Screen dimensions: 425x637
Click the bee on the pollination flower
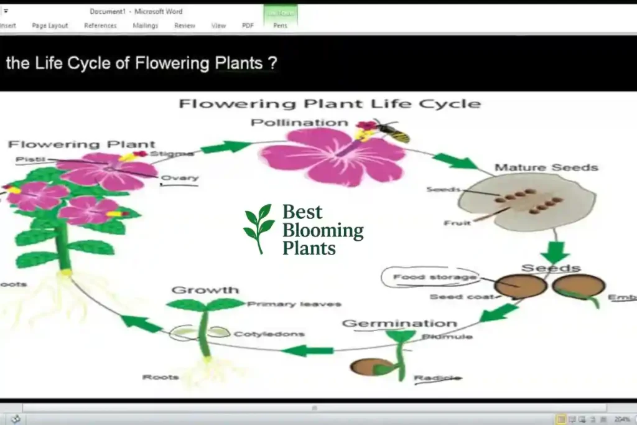click(x=391, y=131)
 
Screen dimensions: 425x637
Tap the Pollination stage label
click(x=299, y=123)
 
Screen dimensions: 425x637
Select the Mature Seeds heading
click(x=546, y=167)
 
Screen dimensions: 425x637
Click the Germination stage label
click(x=399, y=324)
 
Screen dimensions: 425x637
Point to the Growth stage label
click(x=205, y=290)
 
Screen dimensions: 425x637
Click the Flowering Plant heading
click(x=81, y=144)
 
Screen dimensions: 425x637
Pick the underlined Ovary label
click(x=179, y=179)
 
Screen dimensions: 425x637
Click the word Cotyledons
click(x=269, y=334)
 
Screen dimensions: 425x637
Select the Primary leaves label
click(x=294, y=304)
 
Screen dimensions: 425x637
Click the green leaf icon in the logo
click(x=258, y=227)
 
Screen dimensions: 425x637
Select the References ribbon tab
click(x=100, y=26)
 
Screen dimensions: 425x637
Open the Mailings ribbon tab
click(x=146, y=26)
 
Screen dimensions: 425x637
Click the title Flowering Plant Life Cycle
click(x=329, y=103)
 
